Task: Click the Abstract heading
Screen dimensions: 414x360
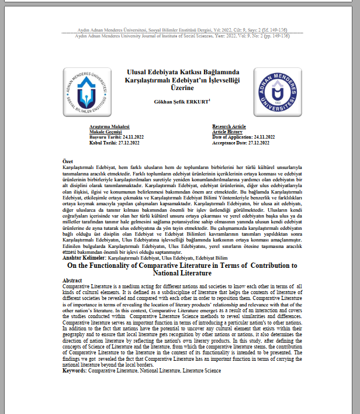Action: (73, 280)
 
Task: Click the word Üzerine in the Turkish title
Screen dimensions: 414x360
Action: (182, 88)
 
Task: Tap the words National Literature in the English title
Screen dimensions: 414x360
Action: (182, 272)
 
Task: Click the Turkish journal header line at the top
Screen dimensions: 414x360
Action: (182, 29)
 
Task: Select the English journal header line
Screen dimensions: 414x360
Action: (182, 35)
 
